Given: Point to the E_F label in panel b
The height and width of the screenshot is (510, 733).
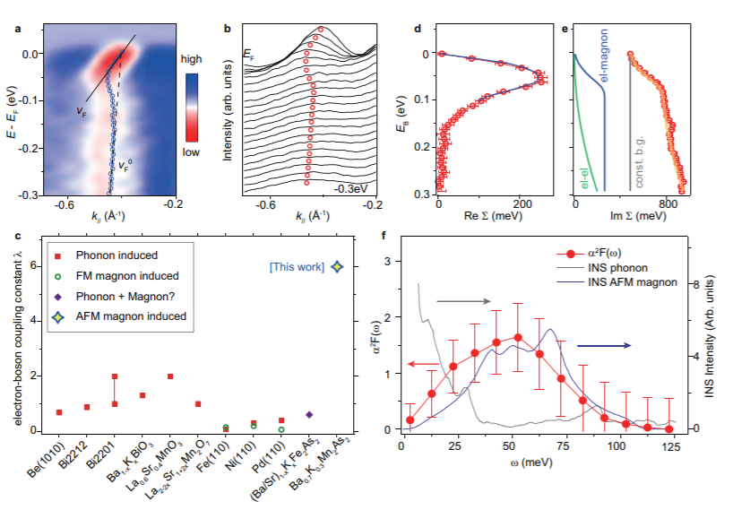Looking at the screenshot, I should [249, 56].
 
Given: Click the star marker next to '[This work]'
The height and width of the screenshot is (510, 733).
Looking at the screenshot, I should [335, 266].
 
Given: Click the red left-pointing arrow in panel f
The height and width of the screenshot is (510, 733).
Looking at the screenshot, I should [418, 363].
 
